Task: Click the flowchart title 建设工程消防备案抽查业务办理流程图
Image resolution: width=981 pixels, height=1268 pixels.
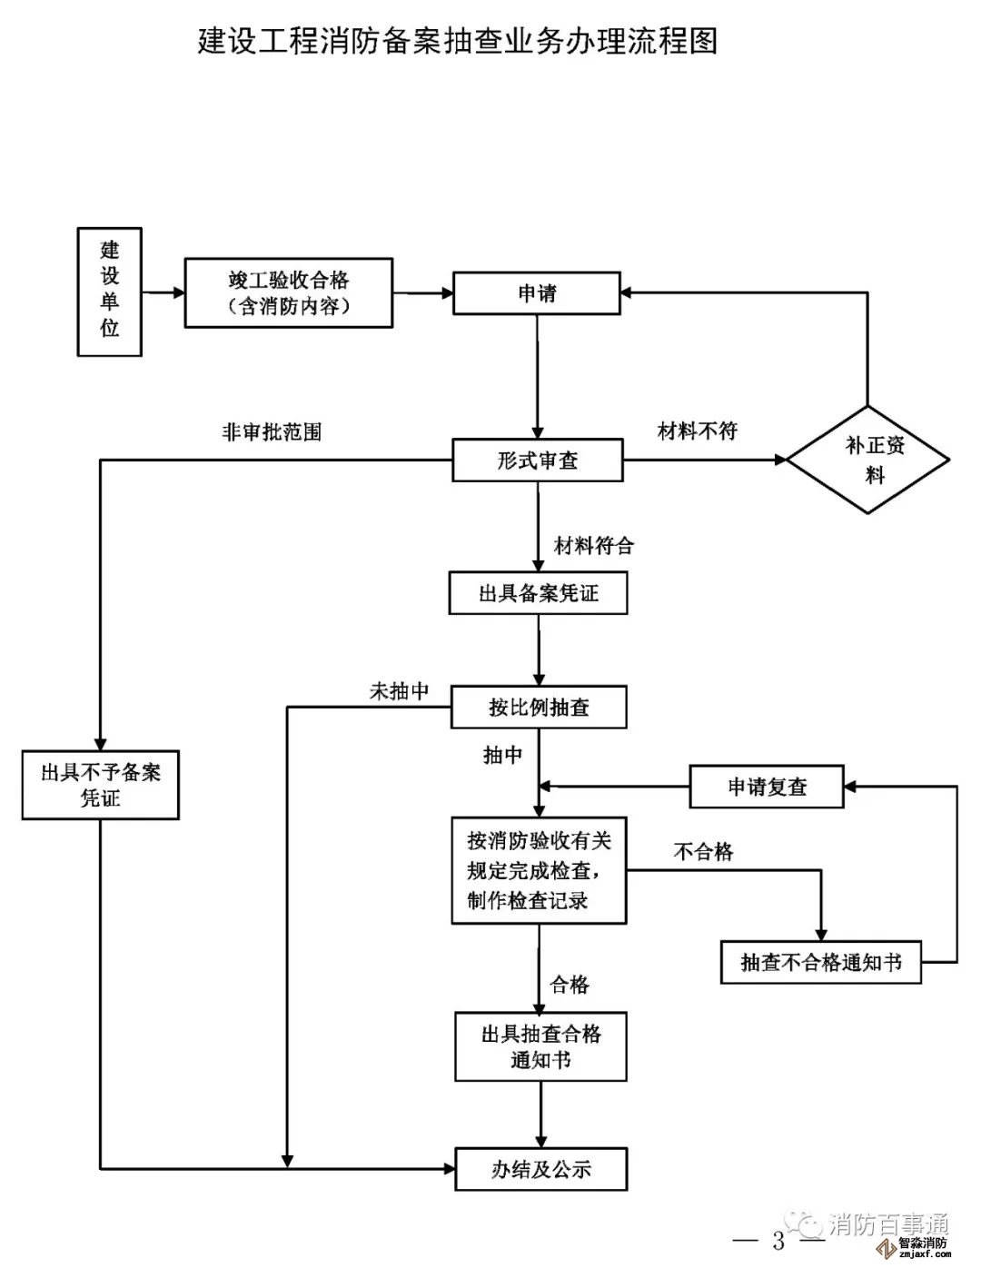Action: [x=458, y=42]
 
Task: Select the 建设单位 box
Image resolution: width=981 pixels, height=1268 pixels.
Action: [x=109, y=291]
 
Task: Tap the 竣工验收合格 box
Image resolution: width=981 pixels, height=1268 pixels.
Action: [x=289, y=292]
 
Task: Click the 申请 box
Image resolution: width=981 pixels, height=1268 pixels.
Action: [x=537, y=293]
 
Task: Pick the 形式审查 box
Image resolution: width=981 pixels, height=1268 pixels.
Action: [x=538, y=461]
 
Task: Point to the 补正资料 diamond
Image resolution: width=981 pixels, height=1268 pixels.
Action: [x=868, y=460]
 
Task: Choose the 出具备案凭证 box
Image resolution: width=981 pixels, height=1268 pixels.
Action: [x=538, y=593]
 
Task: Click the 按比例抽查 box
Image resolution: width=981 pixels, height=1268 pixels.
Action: [x=539, y=707]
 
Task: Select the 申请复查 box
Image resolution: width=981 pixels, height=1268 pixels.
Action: [x=767, y=787]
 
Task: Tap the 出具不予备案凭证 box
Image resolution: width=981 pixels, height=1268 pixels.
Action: [x=101, y=785]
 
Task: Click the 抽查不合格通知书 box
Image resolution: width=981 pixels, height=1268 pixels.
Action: [x=821, y=962]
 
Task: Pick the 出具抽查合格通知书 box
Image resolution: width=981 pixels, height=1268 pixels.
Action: [x=540, y=1046]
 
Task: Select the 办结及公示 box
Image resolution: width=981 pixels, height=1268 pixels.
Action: [x=541, y=1169]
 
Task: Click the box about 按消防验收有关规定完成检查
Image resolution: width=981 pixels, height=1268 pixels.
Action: [x=539, y=870]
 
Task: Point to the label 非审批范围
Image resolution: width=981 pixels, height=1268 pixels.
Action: [x=272, y=432]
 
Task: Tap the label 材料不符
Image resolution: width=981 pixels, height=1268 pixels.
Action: [x=697, y=431]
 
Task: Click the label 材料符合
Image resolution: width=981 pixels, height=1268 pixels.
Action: [x=594, y=545]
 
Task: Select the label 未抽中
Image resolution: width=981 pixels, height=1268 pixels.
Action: [x=399, y=691]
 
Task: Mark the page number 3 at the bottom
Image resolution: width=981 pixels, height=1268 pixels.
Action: [x=778, y=1241]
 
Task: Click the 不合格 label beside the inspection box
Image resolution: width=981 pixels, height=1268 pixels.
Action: [x=703, y=851]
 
